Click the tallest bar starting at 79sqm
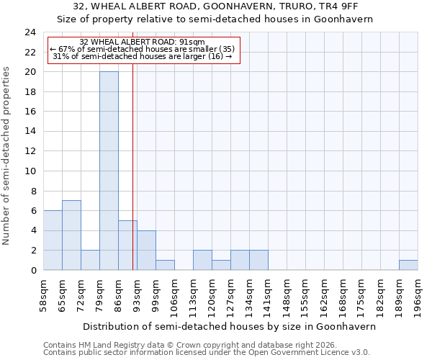109,171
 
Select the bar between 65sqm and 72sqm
71,235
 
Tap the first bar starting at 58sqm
53,240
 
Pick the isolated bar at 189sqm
408,265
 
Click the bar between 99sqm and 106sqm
165,265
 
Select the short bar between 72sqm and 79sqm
90,260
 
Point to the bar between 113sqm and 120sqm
202,260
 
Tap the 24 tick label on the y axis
30,32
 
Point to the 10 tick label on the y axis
30,171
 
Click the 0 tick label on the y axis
33,270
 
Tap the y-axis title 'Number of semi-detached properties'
7,156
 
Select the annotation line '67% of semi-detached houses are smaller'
143,49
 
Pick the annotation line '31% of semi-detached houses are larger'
143,56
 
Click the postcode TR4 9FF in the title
329,6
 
